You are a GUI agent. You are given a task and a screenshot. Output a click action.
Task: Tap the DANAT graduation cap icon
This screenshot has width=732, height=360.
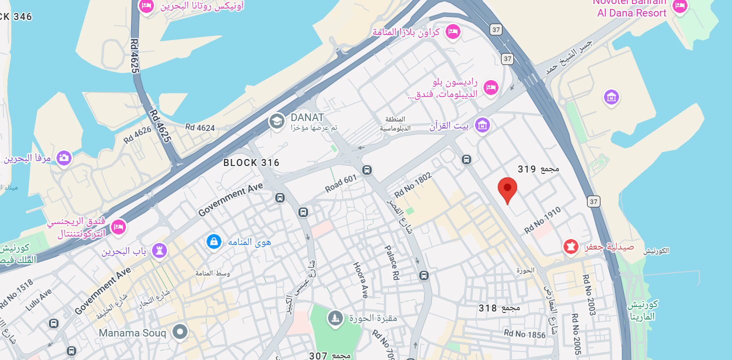[276, 121]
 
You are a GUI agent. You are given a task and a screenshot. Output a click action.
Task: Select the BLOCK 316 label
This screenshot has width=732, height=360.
[251, 163]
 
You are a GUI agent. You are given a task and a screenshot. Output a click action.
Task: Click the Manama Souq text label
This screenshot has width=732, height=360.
[132, 333]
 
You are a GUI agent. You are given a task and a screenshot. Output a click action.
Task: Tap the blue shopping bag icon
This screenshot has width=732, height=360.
[213, 242]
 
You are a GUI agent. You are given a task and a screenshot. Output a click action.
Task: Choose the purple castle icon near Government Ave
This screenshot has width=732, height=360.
[159, 250]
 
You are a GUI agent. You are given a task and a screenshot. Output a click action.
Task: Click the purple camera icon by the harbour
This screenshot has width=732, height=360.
[63, 158]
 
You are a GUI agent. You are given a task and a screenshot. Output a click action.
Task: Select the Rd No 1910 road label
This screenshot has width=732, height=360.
[543, 220]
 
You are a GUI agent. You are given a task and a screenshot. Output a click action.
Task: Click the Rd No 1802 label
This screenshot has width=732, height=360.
[412, 185]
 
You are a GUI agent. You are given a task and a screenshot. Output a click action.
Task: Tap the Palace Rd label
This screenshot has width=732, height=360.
[391, 262]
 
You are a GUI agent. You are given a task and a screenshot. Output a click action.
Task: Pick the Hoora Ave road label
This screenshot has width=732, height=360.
[360, 280]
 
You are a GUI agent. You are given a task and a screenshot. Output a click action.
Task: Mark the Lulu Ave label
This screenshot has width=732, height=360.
[38, 299]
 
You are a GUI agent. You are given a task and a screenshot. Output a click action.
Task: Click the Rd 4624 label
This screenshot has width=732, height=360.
[200, 128]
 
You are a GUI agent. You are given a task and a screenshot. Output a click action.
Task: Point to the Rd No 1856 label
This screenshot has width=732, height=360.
[524, 334]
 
